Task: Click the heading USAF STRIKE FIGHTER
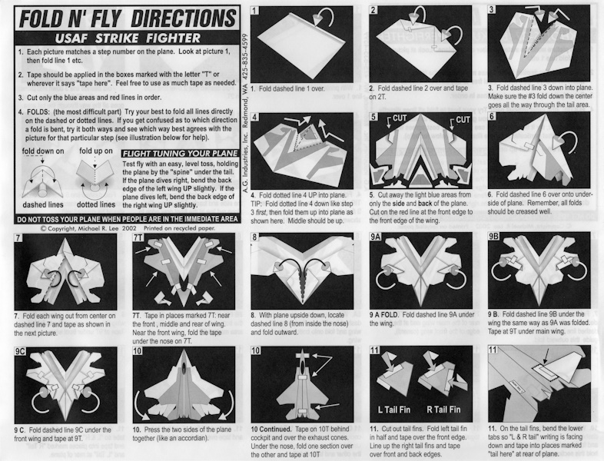[128, 38]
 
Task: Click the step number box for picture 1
[254, 11]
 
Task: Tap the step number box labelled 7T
[138, 237]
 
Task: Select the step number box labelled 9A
[375, 237]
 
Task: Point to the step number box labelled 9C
[20, 351]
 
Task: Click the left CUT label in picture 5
[400, 118]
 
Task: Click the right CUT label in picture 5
[463, 120]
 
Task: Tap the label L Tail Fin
[394, 410]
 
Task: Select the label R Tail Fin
[443, 410]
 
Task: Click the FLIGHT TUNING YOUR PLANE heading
[181, 153]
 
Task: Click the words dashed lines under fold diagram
[43, 204]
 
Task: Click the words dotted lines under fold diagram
[96, 204]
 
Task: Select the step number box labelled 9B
[494, 236]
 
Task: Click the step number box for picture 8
[254, 237]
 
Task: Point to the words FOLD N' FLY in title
[71, 18]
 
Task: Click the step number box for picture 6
[492, 116]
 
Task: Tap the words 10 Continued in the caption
[270, 429]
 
